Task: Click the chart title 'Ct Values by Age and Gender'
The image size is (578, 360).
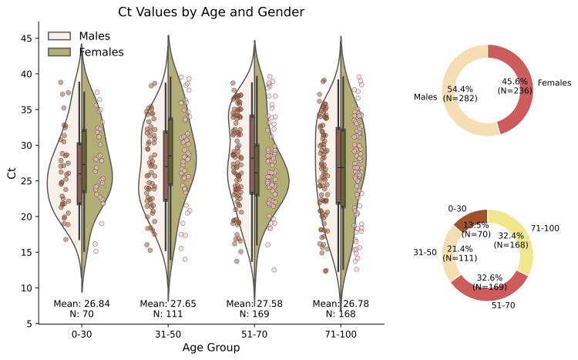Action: (210, 12)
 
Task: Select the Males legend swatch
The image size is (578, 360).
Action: (59, 36)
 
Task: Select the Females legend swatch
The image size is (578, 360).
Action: (59, 52)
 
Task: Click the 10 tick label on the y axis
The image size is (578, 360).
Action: (26, 288)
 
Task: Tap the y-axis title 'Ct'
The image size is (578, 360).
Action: (11, 173)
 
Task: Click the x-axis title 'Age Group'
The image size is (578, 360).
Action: (210, 348)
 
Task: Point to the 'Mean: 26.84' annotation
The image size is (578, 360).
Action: (82, 304)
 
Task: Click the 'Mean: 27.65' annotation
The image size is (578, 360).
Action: (168, 304)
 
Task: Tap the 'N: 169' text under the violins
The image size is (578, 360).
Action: (254, 314)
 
